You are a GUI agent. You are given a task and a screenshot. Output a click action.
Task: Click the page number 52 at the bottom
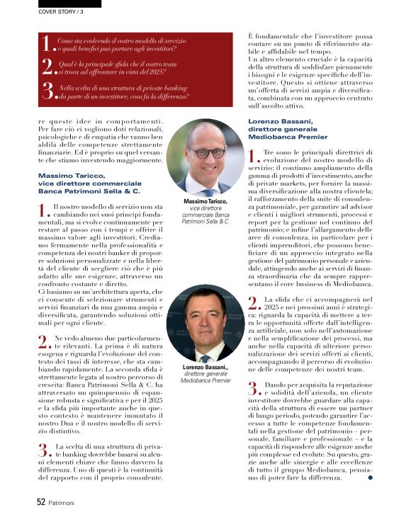(41, 501)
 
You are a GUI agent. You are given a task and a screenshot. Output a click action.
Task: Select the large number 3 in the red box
(47, 91)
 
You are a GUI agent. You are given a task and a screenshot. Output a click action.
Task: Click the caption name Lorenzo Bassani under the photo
(205, 368)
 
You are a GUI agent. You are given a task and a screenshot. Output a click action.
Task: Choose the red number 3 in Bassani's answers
(254, 386)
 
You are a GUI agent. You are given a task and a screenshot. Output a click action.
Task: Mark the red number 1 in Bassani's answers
(254, 155)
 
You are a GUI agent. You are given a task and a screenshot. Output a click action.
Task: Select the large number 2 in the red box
(47, 67)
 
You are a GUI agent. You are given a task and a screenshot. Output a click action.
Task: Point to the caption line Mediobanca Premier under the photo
(205, 380)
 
